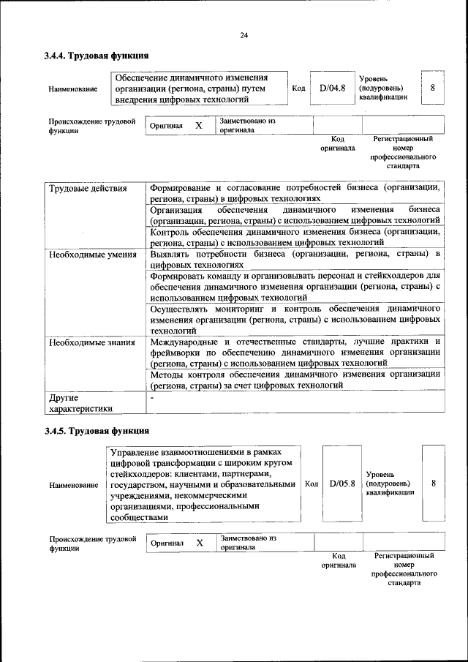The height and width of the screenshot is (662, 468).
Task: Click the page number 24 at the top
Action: pos(244,35)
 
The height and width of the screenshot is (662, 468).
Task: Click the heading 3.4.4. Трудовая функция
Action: pos(97,55)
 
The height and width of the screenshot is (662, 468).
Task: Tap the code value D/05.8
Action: pos(341,484)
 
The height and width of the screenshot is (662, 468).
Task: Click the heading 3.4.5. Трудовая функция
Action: pos(97,430)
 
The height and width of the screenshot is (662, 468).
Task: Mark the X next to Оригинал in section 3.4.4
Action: pos(198,126)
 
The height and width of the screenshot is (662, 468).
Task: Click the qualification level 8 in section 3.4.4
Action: pos(432,88)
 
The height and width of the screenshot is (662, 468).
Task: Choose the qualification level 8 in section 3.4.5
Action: pos(434,484)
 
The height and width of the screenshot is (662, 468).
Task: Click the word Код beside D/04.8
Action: pos(298,89)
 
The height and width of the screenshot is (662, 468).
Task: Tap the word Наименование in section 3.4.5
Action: pos(73,484)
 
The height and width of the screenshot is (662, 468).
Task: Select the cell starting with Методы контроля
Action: pos(295,379)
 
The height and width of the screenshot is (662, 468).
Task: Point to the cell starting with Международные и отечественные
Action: pos(295,352)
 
